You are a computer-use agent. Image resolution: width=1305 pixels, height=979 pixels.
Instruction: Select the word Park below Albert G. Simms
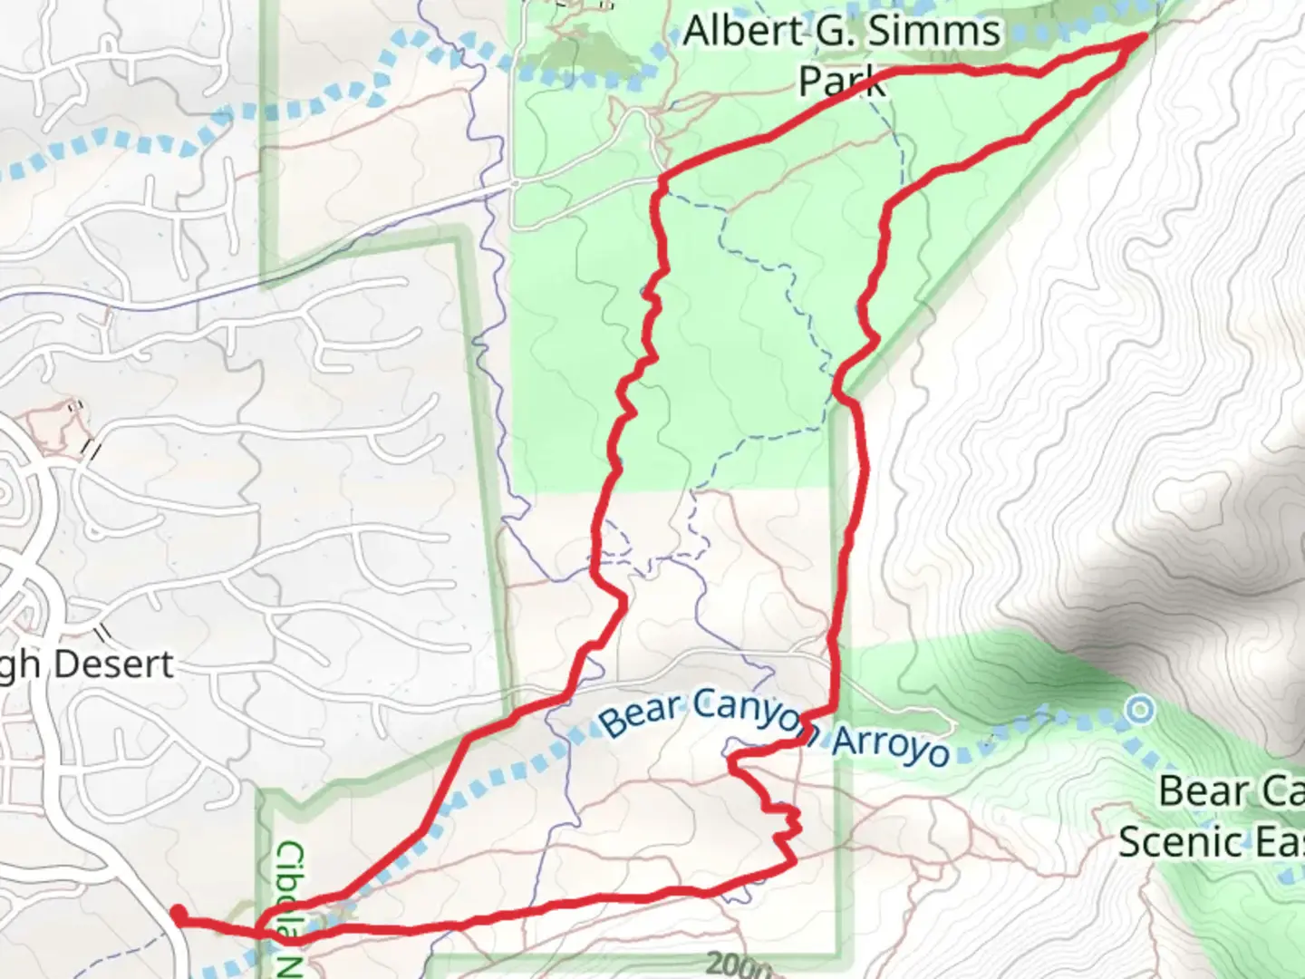point(840,81)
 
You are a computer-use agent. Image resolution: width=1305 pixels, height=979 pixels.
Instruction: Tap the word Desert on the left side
point(113,664)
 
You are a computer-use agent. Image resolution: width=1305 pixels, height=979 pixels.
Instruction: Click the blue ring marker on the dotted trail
point(1139,709)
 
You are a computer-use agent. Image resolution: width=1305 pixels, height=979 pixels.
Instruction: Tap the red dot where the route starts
point(179,914)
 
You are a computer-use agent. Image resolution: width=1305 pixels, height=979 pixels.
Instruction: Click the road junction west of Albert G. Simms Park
point(513,183)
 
